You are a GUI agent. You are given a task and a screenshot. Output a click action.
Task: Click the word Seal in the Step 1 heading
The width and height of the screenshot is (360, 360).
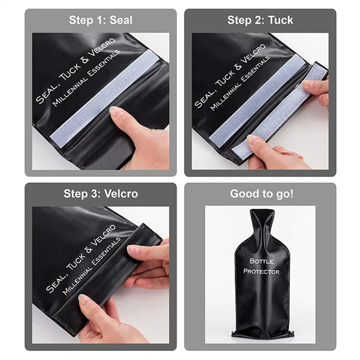[x=121, y=20]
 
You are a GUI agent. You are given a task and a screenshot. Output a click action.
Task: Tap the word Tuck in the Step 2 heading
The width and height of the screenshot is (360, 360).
[x=281, y=20]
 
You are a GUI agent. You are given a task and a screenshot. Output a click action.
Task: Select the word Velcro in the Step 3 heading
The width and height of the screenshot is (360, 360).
[x=121, y=193]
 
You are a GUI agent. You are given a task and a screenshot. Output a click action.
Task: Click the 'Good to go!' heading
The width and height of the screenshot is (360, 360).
[x=262, y=193]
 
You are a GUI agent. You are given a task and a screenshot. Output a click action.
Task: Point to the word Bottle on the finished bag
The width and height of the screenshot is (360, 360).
[x=261, y=261]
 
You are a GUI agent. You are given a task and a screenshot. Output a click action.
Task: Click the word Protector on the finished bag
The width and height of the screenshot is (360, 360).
[x=261, y=271]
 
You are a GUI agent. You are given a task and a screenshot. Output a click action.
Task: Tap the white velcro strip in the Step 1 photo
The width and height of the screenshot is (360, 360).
[x=105, y=99]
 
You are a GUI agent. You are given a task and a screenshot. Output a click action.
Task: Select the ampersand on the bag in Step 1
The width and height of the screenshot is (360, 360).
[x=84, y=60]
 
